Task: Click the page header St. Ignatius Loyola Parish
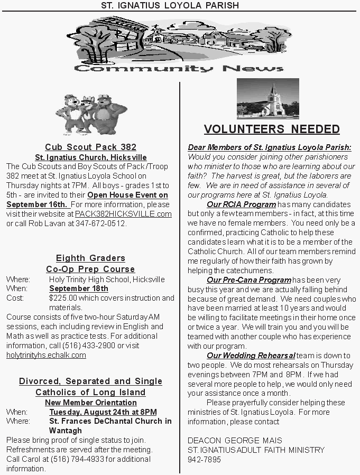click(x=170, y=5)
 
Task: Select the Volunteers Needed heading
click(x=272, y=129)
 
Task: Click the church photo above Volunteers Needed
click(x=268, y=99)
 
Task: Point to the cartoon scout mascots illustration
click(x=91, y=114)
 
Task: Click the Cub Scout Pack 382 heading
click(x=90, y=147)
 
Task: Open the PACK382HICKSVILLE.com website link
click(x=123, y=214)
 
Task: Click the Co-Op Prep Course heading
click(x=90, y=269)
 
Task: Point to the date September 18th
click(x=78, y=288)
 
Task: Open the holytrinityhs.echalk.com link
click(x=46, y=355)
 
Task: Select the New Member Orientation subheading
click(x=90, y=402)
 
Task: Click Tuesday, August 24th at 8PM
click(x=103, y=412)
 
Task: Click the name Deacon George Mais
click(x=235, y=440)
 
